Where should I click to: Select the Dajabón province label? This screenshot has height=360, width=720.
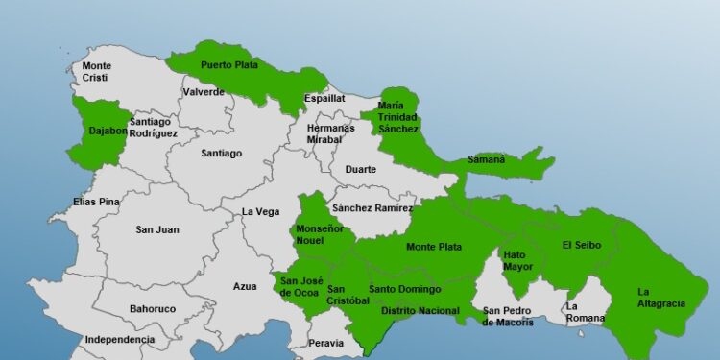(x=108, y=132)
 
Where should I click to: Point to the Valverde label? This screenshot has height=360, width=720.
(x=204, y=92)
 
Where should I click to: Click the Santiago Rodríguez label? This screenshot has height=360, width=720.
(x=153, y=128)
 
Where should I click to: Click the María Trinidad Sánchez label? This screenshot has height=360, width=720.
(x=397, y=116)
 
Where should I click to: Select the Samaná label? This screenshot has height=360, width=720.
(x=486, y=159)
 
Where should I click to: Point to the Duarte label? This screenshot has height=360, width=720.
(x=361, y=170)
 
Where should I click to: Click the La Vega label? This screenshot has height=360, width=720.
(x=260, y=212)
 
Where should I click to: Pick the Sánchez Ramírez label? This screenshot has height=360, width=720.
(x=372, y=208)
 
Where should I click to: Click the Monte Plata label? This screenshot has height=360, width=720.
(x=434, y=247)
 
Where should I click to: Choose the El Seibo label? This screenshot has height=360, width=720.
(x=582, y=245)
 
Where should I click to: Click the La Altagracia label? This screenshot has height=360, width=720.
(x=660, y=298)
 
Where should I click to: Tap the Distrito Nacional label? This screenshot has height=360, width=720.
(x=420, y=311)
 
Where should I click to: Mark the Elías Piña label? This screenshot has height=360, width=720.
(x=97, y=203)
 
